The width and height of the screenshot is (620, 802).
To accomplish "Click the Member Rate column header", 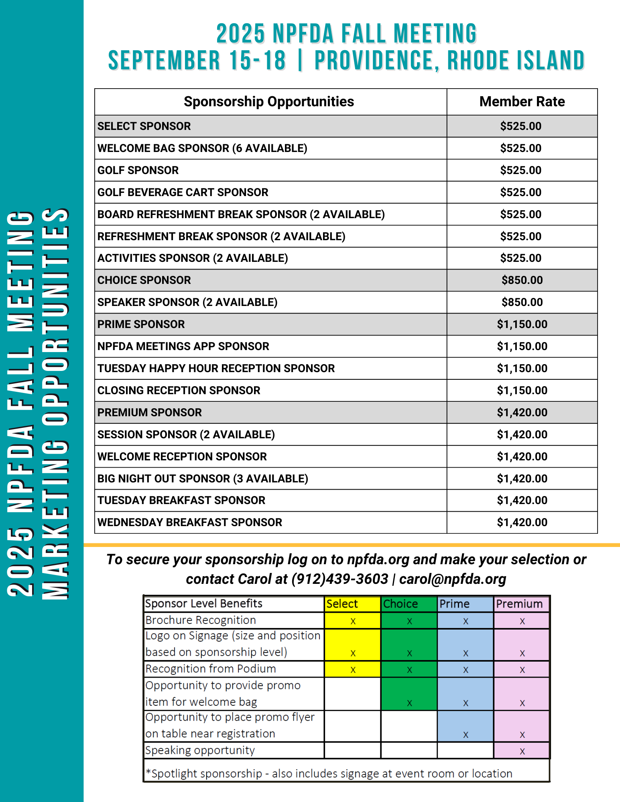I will click(522, 102).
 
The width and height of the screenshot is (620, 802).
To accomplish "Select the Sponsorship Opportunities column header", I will click(269, 102).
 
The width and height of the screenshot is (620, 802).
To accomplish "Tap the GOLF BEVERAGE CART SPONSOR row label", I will click(183, 192).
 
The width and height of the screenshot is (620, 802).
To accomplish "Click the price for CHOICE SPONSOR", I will click(522, 280).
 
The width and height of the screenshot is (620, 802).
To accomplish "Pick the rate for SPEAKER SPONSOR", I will click(522, 302).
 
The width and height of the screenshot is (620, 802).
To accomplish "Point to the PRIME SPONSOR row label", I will click(141, 324).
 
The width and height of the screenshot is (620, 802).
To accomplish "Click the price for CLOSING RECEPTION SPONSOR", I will click(522, 391).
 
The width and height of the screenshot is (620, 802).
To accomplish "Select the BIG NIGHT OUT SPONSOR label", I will click(203, 479).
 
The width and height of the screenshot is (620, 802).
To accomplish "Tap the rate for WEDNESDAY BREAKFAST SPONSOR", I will click(522, 523).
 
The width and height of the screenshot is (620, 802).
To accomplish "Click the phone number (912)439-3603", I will click(340, 579).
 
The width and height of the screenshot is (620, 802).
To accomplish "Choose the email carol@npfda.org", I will click(452, 579).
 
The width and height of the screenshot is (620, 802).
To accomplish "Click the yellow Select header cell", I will click(352, 604).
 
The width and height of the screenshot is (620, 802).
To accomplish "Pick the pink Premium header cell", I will click(521, 604).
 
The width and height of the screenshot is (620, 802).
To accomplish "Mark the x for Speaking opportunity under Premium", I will click(522, 751).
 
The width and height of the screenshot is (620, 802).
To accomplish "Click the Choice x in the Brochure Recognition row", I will click(409, 621).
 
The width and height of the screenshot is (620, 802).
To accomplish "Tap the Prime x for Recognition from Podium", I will click(466, 670).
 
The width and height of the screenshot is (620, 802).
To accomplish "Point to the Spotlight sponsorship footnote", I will click(329, 774).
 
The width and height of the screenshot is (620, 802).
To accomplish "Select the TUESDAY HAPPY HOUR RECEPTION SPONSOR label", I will click(216, 369).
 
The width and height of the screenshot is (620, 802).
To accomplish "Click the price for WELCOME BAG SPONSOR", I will click(520, 148).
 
